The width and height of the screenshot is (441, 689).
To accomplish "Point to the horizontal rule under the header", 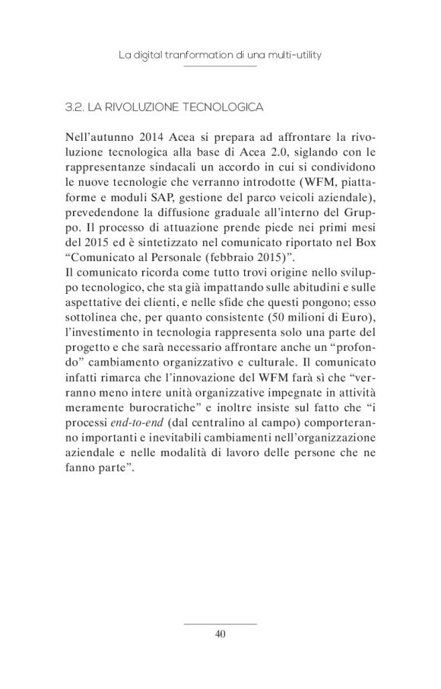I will [x=220, y=67].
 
